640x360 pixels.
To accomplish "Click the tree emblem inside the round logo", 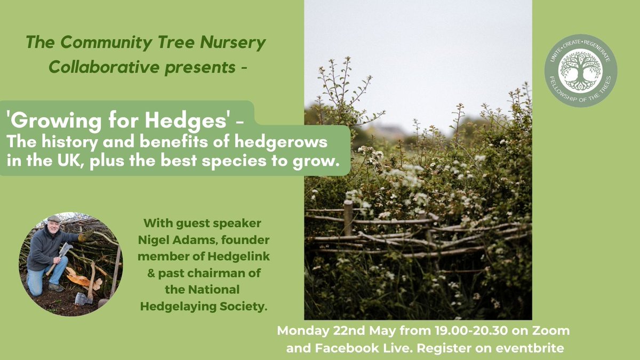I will coord(580,70).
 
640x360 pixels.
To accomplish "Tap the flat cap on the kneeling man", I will coord(54,219).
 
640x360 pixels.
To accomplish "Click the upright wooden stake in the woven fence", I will coord(348,217).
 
